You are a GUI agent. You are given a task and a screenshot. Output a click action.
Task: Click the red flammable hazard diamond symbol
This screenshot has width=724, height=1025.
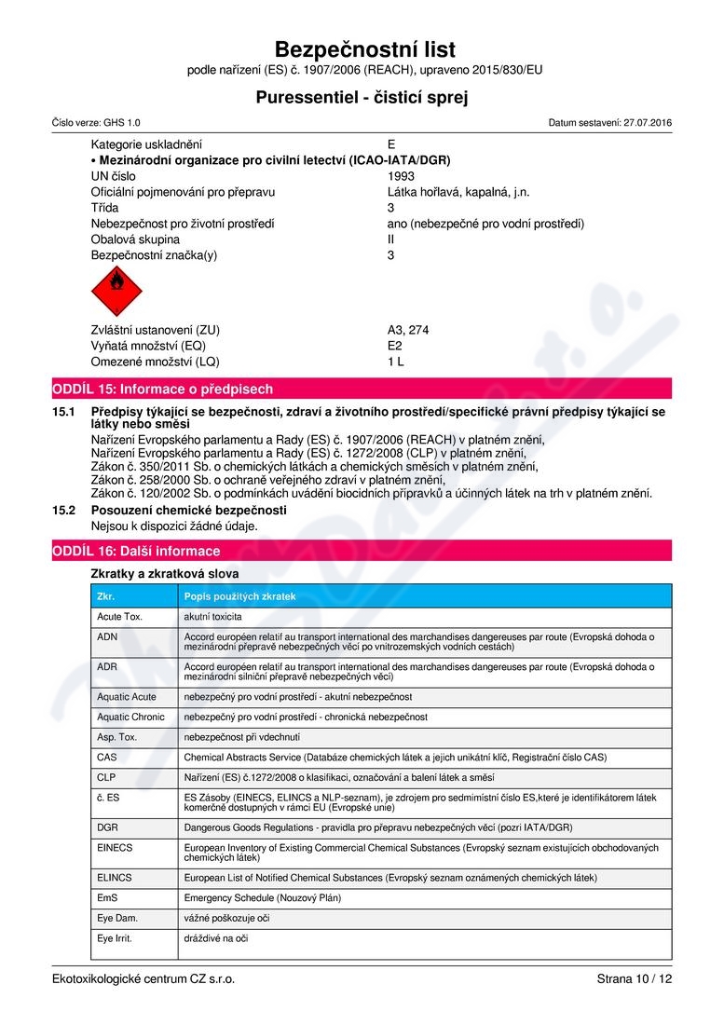click(x=116, y=291)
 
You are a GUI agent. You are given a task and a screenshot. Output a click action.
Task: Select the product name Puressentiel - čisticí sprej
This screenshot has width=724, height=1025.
click(x=362, y=97)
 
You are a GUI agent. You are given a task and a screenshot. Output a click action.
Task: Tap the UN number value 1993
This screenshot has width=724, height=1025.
click(x=401, y=176)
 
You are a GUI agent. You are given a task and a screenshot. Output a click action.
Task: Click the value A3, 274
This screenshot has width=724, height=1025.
click(x=408, y=330)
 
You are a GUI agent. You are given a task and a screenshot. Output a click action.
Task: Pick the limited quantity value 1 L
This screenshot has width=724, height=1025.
click(x=396, y=362)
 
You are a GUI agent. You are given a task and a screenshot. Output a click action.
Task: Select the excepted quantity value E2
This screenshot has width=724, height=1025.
click(x=395, y=346)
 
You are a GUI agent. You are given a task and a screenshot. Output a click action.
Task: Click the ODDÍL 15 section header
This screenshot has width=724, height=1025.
click(x=163, y=389)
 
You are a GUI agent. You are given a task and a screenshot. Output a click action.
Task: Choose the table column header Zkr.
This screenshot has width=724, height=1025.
click(x=106, y=595)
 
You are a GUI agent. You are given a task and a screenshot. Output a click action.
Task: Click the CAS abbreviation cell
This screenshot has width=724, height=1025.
click(x=107, y=758)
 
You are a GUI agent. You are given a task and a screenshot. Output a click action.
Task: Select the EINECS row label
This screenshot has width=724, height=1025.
click(x=115, y=848)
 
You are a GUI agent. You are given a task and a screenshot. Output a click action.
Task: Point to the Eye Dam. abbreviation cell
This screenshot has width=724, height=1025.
click(x=116, y=918)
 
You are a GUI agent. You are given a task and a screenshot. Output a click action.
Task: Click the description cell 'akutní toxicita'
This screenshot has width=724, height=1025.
click(x=213, y=617)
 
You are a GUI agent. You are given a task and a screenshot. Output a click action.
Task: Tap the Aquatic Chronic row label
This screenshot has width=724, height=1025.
click(x=130, y=717)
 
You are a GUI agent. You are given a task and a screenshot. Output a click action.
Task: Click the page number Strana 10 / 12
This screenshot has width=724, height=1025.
click(x=634, y=979)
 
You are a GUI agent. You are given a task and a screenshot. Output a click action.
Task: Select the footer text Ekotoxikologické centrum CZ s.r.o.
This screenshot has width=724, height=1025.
click(x=144, y=979)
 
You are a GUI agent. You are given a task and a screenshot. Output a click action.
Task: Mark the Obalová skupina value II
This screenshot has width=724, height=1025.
click(x=391, y=239)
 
